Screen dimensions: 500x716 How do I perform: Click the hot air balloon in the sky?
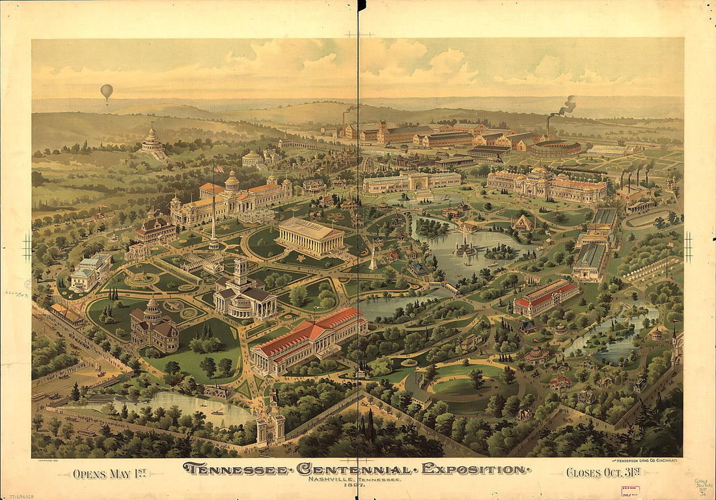[107, 92]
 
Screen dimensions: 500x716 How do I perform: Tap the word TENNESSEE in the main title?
[235, 469]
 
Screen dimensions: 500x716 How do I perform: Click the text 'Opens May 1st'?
[109, 473]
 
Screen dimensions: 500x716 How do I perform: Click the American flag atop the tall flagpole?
[219, 169]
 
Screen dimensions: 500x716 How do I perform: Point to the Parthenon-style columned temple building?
[310, 236]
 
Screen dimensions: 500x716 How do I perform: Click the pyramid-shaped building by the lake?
[523, 223]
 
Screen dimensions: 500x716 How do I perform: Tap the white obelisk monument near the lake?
[373, 260]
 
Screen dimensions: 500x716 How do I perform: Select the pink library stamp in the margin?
[629, 491]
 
